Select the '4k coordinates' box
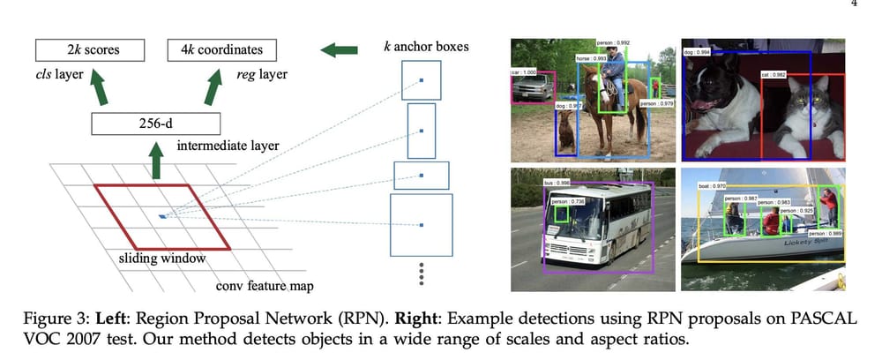click(x=221, y=50)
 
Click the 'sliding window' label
click(x=162, y=259)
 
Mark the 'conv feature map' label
click(x=265, y=287)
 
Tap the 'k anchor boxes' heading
click(x=426, y=46)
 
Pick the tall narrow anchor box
click(x=422, y=130)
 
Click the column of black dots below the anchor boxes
click(x=422, y=273)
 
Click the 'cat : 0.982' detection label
click(x=773, y=75)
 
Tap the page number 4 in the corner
click(x=853, y=4)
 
